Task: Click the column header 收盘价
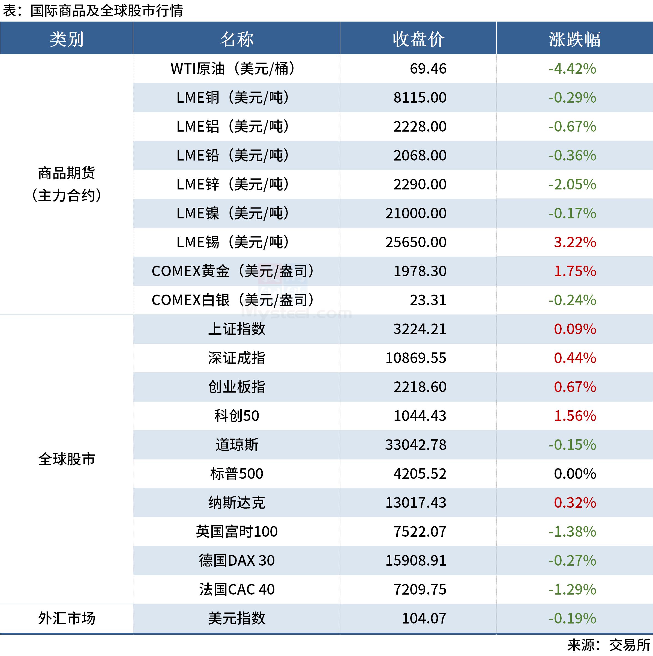418,39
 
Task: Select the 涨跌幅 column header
574,39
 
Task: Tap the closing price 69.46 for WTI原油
428,69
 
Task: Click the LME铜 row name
233,98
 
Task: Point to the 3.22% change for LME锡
575,242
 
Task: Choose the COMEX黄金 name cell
233,271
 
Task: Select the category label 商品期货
67,173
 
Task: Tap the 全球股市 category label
67,459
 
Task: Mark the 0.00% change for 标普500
575,474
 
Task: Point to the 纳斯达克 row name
236,503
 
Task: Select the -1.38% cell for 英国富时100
572,532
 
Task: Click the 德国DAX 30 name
236,560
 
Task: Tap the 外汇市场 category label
67,618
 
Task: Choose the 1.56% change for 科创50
575,416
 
